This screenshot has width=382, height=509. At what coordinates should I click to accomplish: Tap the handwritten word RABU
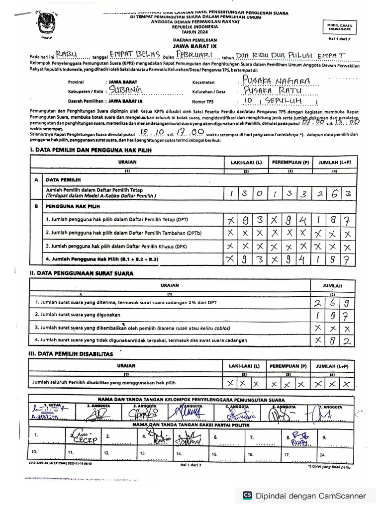(x=66, y=54)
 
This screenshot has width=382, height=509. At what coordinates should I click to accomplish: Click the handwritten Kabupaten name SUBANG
(x=125, y=90)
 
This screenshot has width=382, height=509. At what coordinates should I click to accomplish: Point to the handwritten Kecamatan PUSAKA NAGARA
(x=275, y=81)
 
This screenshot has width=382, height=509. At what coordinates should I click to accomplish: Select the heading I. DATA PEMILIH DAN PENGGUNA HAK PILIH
(x=91, y=150)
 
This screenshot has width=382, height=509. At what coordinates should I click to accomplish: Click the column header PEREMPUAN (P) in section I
(x=289, y=162)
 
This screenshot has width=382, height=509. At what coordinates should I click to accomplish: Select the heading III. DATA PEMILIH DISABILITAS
(x=72, y=354)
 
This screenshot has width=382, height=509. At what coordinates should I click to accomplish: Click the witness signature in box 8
(x=301, y=437)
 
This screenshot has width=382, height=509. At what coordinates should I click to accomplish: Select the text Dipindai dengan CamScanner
(x=311, y=496)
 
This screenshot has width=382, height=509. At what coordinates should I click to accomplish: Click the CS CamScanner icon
(x=247, y=496)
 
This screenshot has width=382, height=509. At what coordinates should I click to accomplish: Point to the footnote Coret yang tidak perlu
(x=329, y=467)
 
